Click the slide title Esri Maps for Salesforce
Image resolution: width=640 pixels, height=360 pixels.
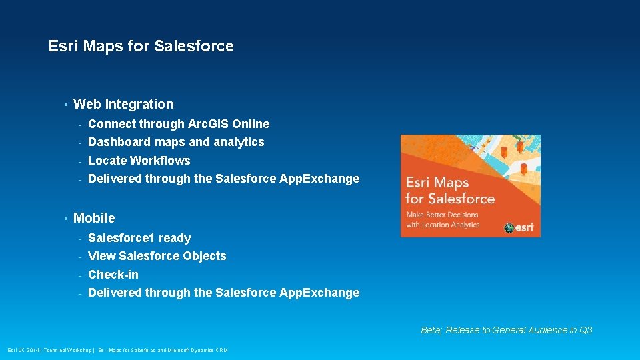pos(141,46)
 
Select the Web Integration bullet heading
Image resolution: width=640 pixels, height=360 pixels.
pos(123,104)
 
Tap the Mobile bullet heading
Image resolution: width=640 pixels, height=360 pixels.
pos(94,218)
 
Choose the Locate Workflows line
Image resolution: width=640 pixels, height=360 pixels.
pos(139,161)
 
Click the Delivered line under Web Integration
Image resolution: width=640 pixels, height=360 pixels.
pos(223,179)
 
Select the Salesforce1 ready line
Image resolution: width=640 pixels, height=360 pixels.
pos(139,238)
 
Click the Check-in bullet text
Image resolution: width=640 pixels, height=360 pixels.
pos(113,275)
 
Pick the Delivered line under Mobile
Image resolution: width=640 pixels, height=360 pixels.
pos(223,293)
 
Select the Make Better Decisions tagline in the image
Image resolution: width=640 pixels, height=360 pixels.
pos(443,219)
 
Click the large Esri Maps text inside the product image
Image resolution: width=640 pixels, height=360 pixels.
pos(437,183)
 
